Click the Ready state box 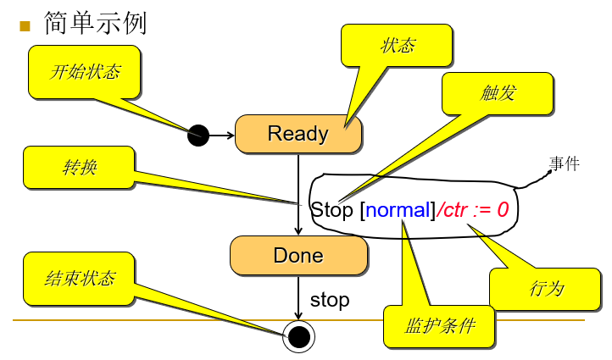coord(298,134)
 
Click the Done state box coord(298,255)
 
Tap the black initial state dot coord(198,134)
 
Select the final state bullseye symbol coord(298,337)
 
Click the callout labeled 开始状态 coord(85,71)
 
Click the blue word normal coord(398,209)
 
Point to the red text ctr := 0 coord(476,209)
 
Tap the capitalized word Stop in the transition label coord(332,209)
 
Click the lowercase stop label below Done coord(330,300)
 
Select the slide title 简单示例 coord(95,23)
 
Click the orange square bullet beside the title coord(25,25)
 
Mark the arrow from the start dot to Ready coord(221,134)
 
